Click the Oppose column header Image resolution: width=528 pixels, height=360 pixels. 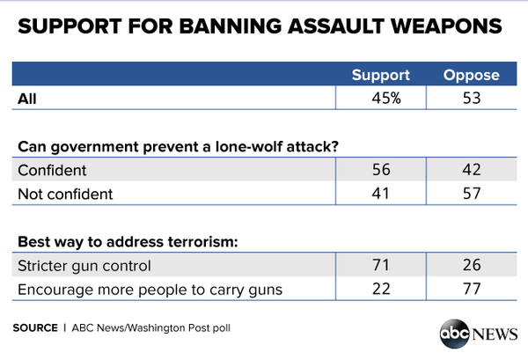click(473, 76)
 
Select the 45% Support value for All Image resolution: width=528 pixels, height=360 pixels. click(385, 99)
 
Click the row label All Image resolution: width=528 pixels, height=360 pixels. click(26, 99)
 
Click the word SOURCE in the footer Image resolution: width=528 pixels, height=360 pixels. click(35, 327)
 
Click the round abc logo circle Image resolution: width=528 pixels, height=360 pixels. click(456, 334)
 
